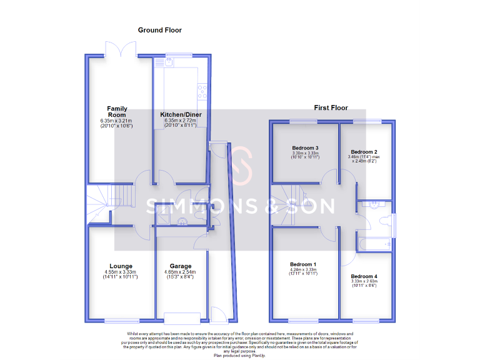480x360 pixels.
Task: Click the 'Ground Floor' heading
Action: pos(159,30)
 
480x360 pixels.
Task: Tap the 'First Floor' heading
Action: pos(331,108)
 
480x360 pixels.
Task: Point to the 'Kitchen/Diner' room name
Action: pos(181,115)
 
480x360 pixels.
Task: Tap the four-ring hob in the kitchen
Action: pos(202,92)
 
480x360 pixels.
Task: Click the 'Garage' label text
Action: pos(181,266)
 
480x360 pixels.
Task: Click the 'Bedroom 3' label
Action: pos(306,148)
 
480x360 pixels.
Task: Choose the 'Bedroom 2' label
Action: pos(364,152)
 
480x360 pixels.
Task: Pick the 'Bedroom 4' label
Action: pos(364,276)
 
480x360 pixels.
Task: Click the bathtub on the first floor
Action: pos(374,244)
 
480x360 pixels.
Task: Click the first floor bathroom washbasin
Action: pos(374,204)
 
